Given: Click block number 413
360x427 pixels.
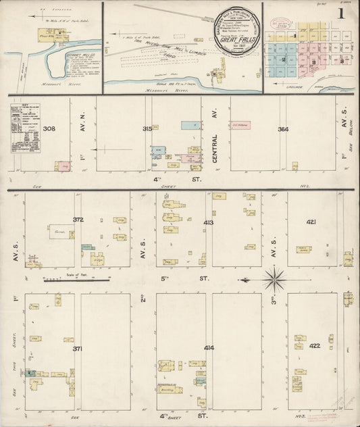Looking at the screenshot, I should click(x=208, y=222).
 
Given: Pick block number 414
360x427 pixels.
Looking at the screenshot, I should click(x=208, y=348).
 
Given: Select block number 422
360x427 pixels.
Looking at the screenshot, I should click(x=314, y=346).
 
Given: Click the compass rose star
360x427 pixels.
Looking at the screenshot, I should click(x=274, y=278).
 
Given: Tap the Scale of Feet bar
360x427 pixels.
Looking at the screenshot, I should click(x=77, y=278).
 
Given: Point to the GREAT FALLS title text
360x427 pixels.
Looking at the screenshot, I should click(x=230, y=39).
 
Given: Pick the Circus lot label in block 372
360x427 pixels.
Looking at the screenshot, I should click(x=59, y=232).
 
